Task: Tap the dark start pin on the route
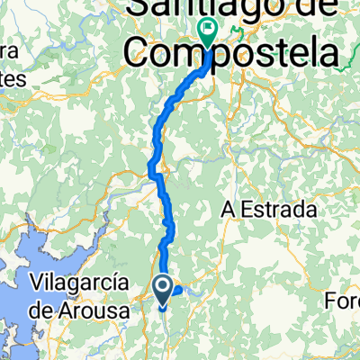tap(164, 290)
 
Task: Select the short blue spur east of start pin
tap(176, 290)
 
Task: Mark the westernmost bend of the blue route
tap(150, 166)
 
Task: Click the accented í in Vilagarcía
tap(118, 283)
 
